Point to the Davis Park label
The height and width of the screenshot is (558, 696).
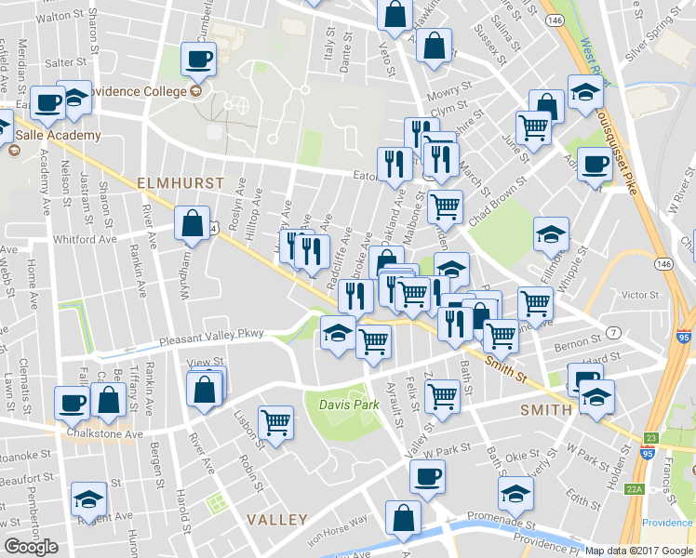(x=349, y=405)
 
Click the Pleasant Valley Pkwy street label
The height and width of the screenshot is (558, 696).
(x=211, y=336)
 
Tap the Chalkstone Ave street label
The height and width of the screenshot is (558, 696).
(x=104, y=433)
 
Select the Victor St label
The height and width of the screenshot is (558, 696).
(x=639, y=295)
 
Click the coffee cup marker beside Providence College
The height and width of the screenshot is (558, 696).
(x=198, y=60)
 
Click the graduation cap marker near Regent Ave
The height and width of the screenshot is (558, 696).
(x=88, y=499)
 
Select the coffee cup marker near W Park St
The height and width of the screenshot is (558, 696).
(x=428, y=476)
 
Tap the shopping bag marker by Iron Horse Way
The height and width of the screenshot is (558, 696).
(x=404, y=518)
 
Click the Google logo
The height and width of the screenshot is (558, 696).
(x=31, y=547)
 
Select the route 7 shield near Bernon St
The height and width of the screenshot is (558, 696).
(x=614, y=333)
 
